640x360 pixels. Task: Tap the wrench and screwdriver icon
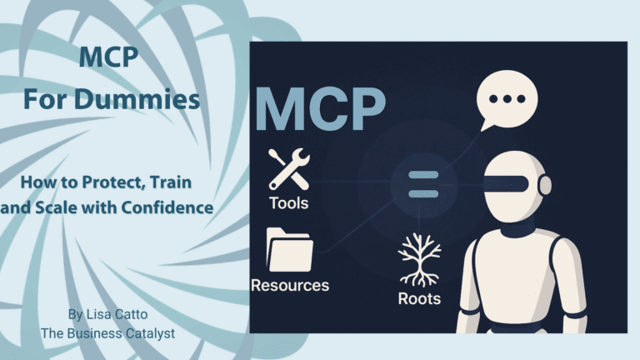(x=288, y=167)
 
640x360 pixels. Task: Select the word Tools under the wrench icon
(x=288, y=202)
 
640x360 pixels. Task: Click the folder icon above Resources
(x=289, y=249)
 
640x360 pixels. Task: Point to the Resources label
(x=290, y=285)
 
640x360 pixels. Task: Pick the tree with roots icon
(x=418, y=258)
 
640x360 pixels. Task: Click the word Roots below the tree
(x=418, y=297)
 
